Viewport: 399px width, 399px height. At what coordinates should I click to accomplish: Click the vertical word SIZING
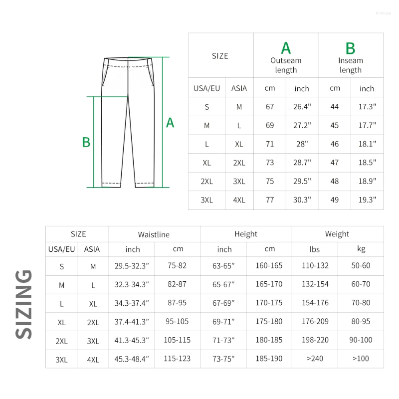23,304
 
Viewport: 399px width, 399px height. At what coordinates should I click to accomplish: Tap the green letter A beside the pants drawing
170,123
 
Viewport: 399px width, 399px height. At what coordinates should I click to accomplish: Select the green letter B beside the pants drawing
86,142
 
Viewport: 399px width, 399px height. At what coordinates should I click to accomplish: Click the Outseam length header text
286,65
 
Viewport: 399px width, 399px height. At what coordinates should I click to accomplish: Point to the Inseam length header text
351,65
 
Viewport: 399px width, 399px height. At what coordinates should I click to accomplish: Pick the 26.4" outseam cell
302,107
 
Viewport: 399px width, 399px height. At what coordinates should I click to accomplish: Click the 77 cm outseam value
270,200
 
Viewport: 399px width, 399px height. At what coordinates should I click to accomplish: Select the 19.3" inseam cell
367,200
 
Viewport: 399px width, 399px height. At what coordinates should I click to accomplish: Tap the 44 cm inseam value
335,107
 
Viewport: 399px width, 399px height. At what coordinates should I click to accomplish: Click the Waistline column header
154,234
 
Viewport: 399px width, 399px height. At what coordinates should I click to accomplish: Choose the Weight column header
337,234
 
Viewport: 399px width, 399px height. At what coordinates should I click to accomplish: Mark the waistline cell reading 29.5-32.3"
132,266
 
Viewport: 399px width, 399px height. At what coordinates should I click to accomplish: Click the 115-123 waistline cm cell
177,359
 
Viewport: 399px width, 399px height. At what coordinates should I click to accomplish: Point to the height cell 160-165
269,266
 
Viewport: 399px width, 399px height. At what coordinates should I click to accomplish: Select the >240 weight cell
314,359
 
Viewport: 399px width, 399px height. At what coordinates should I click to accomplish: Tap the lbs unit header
314,249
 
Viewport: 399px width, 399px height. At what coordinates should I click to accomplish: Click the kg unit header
361,249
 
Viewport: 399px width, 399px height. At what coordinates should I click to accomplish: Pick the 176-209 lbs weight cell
314,322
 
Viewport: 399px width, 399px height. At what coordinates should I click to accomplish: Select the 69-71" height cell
224,322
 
